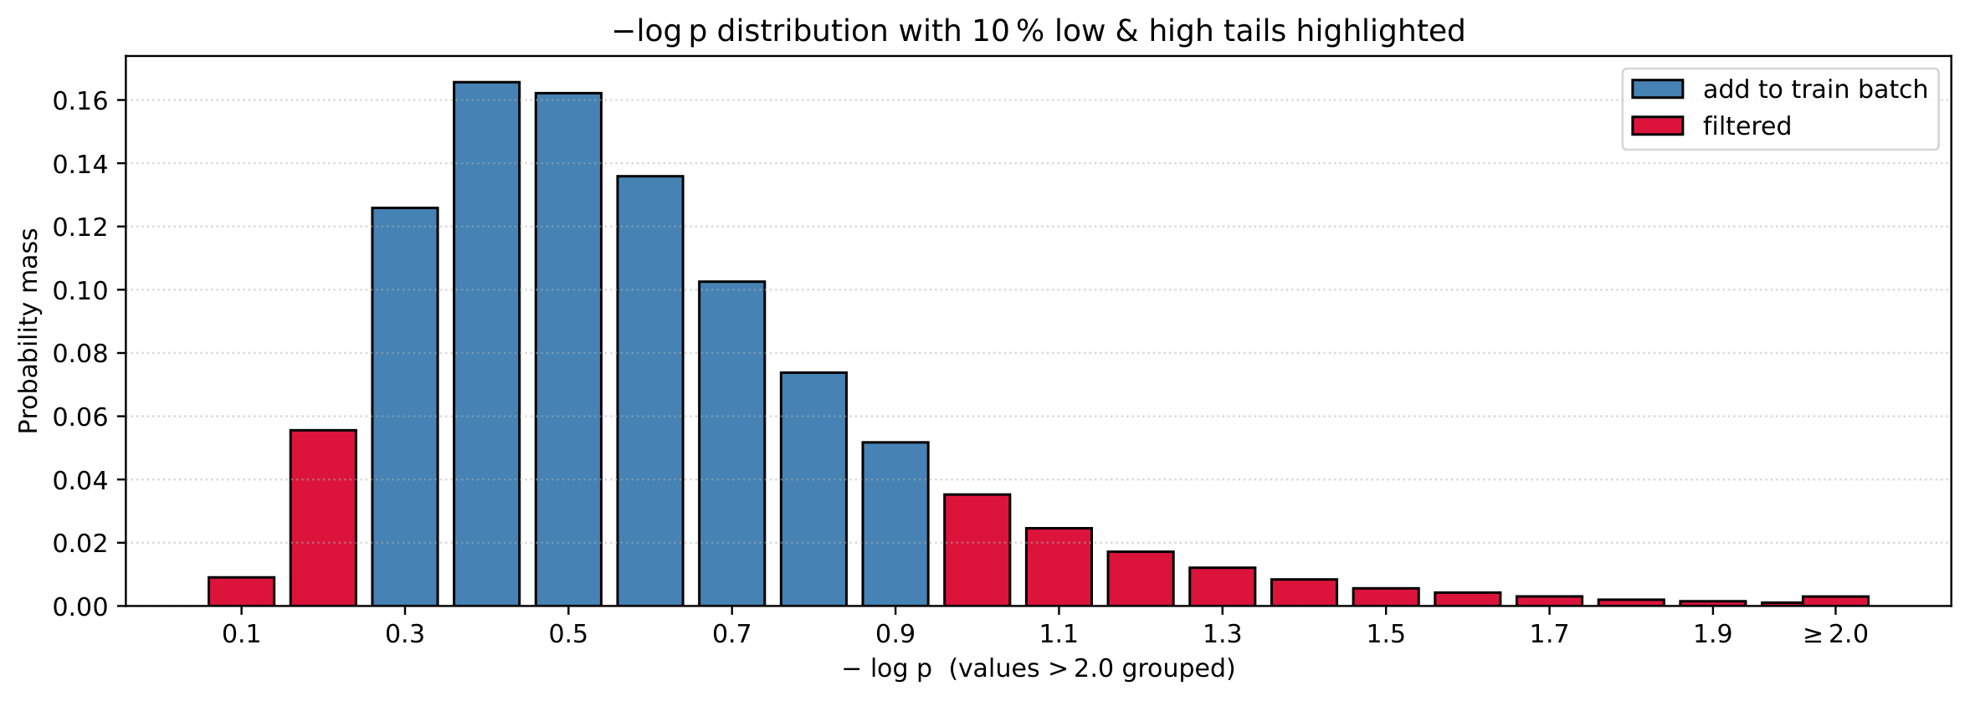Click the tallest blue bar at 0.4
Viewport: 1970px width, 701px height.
pos(486,344)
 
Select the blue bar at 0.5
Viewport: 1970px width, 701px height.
pos(568,350)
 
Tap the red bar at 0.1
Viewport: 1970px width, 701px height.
pos(241,591)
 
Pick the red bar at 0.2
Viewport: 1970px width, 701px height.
pos(323,518)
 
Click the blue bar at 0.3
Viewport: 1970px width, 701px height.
pos(405,407)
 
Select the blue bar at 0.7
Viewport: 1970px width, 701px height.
pos(731,443)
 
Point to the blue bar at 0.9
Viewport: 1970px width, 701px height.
pos(895,524)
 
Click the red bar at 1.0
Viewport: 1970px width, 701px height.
pos(977,550)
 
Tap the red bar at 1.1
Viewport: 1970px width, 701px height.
pos(1059,566)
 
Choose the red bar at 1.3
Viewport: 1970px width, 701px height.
pos(1222,586)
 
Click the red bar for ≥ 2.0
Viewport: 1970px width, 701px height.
pos(1835,601)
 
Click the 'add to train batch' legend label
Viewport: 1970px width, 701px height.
pos(1815,90)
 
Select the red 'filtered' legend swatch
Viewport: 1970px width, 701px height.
pos(1657,125)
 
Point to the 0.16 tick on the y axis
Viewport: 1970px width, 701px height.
pos(121,100)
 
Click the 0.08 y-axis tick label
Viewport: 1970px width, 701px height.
pos(81,354)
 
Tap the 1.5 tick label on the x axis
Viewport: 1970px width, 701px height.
pos(1386,634)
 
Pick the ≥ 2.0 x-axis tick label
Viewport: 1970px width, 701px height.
pos(1835,634)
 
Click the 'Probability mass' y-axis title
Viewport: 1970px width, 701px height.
pos(29,331)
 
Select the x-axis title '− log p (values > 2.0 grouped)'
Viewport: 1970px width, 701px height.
pos(1038,668)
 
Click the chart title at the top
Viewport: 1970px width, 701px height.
pos(1039,31)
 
